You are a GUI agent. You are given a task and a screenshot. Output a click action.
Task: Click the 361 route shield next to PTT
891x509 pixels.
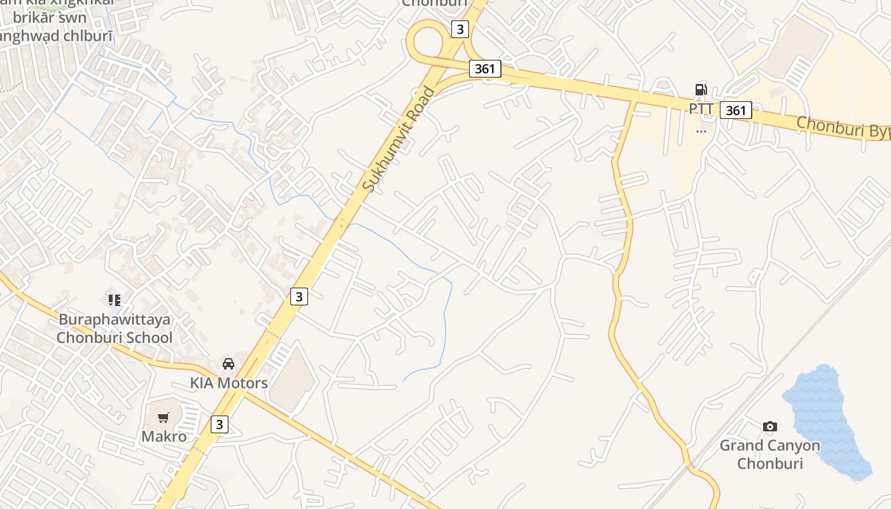pyautogui.click(x=736, y=110)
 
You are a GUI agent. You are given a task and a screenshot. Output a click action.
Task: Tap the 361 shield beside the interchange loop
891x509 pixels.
pyautogui.click(x=485, y=69)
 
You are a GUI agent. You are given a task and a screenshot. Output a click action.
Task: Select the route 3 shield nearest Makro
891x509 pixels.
pyautogui.click(x=219, y=424)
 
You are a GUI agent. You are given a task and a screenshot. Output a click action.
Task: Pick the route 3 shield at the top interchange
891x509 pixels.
pyautogui.click(x=460, y=29)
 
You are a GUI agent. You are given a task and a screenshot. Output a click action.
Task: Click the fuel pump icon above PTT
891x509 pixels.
pyautogui.click(x=701, y=90)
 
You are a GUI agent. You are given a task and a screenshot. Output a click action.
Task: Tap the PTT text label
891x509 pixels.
pyautogui.click(x=701, y=109)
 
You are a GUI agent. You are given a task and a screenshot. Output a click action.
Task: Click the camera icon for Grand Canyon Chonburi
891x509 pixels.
pyautogui.click(x=769, y=426)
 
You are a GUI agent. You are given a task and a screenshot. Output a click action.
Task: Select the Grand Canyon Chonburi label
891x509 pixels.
pyautogui.click(x=770, y=454)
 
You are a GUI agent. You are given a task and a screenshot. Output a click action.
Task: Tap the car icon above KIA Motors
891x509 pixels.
pyautogui.click(x=228, y=364)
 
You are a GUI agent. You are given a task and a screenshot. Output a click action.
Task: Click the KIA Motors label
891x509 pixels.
pyautogui.click(x=229, y=383)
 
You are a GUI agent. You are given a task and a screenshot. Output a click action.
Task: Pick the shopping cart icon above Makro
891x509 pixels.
pyautogui.click(x=164, y=418)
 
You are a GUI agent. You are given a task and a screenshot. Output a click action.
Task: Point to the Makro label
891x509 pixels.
pyautogui.click(x=164, y=436)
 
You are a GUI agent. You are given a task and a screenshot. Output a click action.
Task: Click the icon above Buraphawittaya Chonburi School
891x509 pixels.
pyautogui.click(x=115, y=299)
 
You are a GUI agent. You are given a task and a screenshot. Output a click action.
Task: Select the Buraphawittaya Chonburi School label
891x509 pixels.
pyautogui.click(x=115, y=328)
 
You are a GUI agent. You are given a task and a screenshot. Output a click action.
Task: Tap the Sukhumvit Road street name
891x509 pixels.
pyautogui.click(x=399, y=139)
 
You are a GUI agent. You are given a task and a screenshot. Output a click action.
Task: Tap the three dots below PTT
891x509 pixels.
pyautogui.click(x=701, y=131)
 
